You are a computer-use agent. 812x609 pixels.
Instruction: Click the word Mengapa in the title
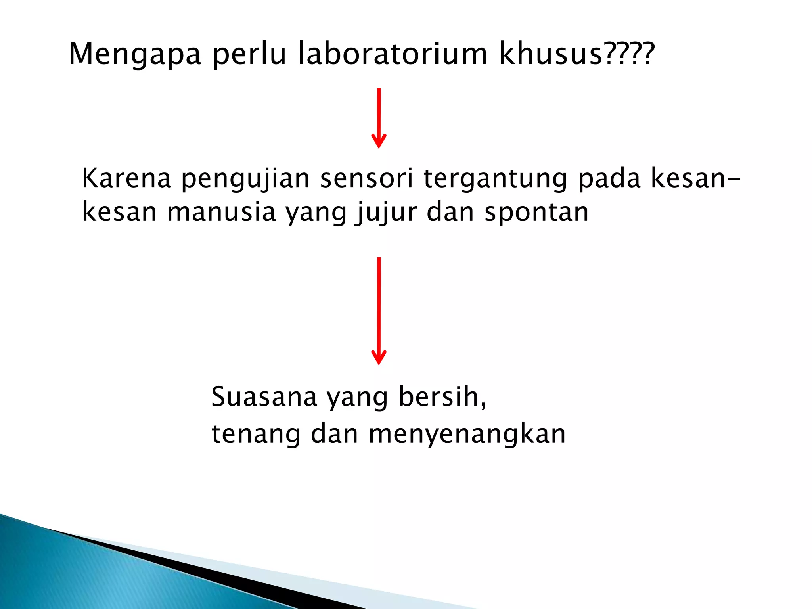pos(135,55)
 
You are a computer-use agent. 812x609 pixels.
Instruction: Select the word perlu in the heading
pos(249,55)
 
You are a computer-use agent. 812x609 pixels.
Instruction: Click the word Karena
pos(126,178)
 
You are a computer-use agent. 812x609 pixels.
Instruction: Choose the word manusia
pos(221,212)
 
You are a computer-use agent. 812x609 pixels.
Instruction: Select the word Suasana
pos(264,397)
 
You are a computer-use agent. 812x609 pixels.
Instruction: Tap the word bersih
pos(442,396)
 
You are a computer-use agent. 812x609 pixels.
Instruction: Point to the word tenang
pos(256,435)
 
